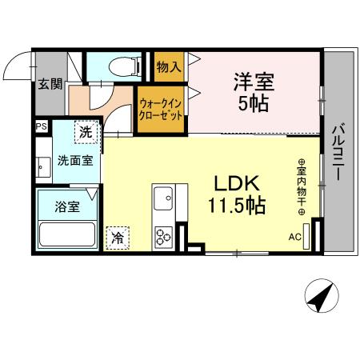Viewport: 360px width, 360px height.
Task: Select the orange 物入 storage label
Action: tap(168, 66)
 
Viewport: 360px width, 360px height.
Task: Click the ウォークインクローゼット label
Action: tap(161, 109)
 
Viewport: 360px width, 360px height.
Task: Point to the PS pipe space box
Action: tap(40, 126)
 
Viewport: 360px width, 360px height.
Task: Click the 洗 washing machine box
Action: tap(84, 129)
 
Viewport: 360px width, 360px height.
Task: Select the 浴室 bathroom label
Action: tap(66, 206)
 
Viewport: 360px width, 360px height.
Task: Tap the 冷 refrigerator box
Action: tap(118, 237)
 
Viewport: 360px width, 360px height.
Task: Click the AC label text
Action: tap(294, 237)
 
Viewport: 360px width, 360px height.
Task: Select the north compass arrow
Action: tap(322, 298)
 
